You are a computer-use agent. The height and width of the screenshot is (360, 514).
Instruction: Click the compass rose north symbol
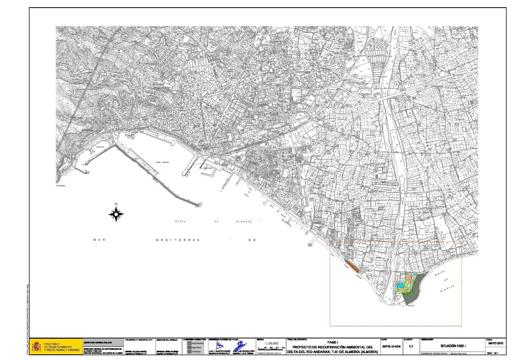[x=116, y=215]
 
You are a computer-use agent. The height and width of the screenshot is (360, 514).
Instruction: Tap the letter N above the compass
[x=116, y=204]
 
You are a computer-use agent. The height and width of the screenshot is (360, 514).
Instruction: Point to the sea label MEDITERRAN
[x=177, y=240]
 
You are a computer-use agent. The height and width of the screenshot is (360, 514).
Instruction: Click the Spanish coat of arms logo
[x=37, y=346]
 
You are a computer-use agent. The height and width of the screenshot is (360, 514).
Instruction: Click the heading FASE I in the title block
[x=335, y=342]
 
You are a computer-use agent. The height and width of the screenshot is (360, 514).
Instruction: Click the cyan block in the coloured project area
[x=400, y=284]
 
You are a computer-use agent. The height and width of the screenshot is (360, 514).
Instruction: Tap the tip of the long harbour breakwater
[x=200, y=206]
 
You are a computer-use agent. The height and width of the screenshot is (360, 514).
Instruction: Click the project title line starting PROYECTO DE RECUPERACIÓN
[x=335, y=347]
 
